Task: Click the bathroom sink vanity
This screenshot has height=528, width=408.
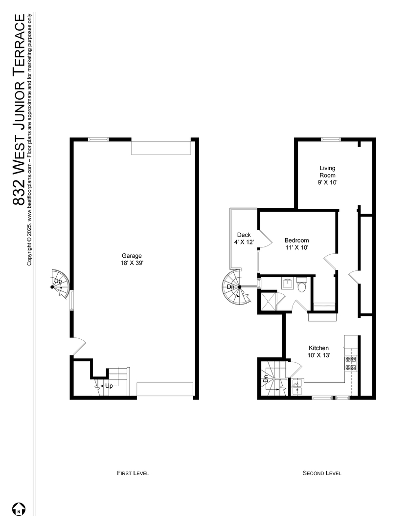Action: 287,283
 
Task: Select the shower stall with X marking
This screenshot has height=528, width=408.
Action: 268,301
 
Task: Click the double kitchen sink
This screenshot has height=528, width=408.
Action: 297,388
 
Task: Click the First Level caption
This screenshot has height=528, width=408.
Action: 133,473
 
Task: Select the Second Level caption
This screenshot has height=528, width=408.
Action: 322,473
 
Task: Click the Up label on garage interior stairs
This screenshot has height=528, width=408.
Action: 109,386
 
